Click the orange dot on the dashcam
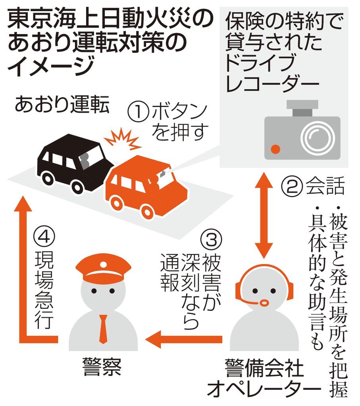click(x=275, y=149)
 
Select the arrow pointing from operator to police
click(x=187, y=338)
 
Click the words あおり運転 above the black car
click(x=61, y=105)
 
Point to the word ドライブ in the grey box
click(x=260, y=63)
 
